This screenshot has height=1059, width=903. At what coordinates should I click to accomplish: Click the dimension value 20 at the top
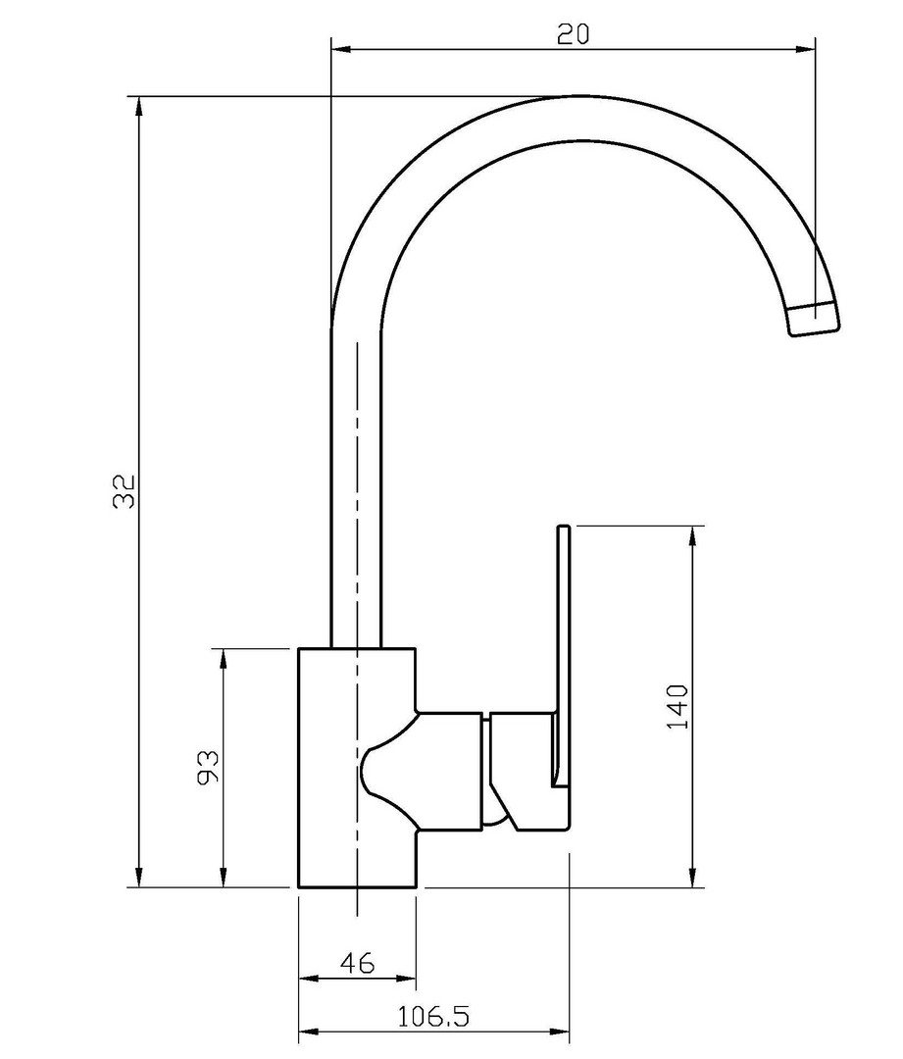pyautogui.click(x=573, y=33)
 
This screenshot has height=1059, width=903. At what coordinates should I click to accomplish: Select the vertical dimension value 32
pyautogui.click(x=125, y=491)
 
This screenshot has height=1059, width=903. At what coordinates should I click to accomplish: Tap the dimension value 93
pyautogui.click(x=208, y=767)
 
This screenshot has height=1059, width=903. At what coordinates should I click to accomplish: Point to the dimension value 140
pyautogui.click(x=677, y=706)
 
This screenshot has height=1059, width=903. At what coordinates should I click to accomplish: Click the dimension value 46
pyautogui.click(x=357, y=963)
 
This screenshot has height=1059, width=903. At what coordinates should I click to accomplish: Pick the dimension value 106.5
pyautogui.click(x=433, y=1015)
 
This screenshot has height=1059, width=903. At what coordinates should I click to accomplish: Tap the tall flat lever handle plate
pyautogui.click(x=564, y=655)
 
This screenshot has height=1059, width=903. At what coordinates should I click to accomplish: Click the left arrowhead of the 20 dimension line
pyautogui.click(x=342, y=49)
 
